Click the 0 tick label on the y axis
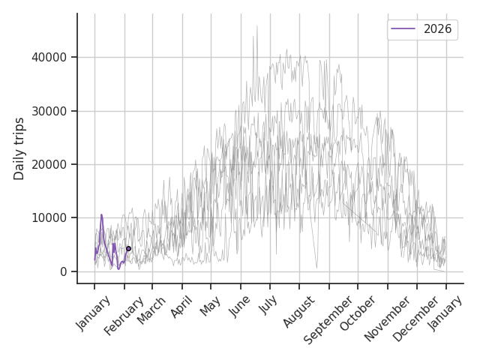pyautogui.click(x=64, y=271)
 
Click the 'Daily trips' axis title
pyautogui.click(x=19, y=148)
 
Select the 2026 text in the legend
pyautogui.click(x=438, y=29)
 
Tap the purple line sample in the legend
pyautogui.click(x=404, y=29)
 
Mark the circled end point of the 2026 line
pyautogui.click(x=128, y=248)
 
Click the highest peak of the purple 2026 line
pyautogui.click(x=101, y=215)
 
